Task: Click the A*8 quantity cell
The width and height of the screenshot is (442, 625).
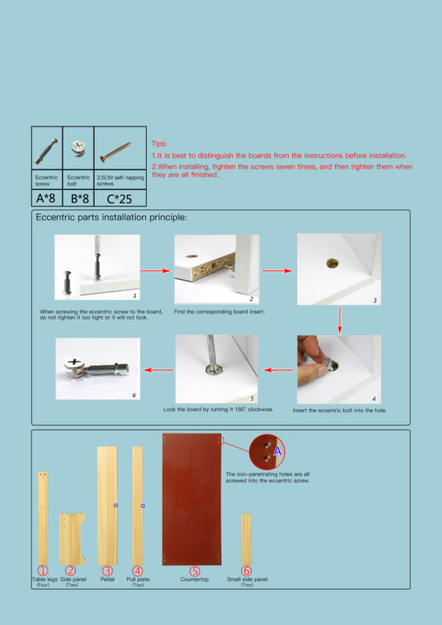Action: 47,198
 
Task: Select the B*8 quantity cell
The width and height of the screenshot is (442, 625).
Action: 78,198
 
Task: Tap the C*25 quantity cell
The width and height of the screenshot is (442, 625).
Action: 120,198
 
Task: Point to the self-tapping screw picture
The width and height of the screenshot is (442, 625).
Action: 116,152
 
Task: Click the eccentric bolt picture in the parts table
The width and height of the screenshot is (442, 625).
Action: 78,148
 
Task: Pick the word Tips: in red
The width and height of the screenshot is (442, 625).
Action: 159,144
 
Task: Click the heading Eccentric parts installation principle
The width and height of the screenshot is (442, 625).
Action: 111,218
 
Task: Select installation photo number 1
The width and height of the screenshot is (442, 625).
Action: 98,267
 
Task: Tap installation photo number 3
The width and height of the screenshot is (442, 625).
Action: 339,269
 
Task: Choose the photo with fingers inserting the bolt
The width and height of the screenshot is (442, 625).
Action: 339,369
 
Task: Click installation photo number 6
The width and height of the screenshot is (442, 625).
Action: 98,369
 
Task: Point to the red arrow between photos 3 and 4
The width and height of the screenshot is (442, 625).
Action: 339,320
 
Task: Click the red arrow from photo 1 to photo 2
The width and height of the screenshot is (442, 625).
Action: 156,270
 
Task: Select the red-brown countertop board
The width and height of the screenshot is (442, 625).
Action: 191,499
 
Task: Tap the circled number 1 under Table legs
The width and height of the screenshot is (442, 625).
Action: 43,571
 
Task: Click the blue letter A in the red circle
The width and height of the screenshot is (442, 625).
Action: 277,452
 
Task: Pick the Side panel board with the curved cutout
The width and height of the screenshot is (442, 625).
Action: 72,539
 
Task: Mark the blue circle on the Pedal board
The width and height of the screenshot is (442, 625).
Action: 116,505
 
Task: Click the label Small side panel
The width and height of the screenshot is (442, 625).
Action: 247,579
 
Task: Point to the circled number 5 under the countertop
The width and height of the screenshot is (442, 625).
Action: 194,571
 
